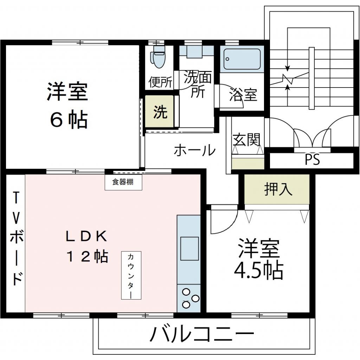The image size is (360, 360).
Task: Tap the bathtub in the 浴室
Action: [242, 59]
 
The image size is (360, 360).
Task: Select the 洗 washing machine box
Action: [160, 111]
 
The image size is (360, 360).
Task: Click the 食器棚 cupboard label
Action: [123, 182]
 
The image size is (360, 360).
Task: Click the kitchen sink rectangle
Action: [189, 248]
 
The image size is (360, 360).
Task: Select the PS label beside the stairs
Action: [312, 160]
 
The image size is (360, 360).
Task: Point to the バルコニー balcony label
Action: [202, 334]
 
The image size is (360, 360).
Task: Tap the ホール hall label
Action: [194, 150]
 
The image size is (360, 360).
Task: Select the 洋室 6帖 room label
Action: [67, 105]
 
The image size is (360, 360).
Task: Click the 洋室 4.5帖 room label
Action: [259, 259]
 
